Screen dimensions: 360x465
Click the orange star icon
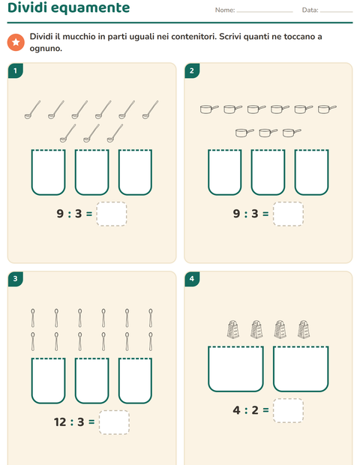16,42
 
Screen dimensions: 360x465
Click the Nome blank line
265,12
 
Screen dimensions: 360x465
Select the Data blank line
336,12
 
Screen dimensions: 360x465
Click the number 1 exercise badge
16,71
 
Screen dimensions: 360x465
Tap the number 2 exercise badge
192,71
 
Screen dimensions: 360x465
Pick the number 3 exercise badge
16,279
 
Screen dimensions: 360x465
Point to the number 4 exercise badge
192,279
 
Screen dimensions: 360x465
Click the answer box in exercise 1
112,214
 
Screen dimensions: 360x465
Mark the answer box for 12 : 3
114,422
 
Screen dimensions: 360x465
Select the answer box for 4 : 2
288,410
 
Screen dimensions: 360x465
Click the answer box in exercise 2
288,214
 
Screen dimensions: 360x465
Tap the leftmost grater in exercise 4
233,329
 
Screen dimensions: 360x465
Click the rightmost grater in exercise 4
304,329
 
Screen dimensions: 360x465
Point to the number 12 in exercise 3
60,422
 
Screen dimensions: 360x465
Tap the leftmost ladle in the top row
32,109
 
